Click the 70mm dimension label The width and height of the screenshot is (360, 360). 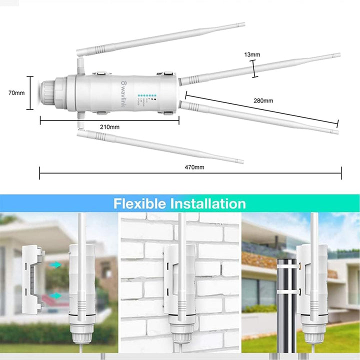click(16, 93)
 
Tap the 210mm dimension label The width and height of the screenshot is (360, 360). click(109, 127)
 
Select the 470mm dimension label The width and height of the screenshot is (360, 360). click(195, 167)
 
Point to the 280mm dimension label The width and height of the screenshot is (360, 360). click(263, 101)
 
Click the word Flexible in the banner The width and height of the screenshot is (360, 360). click(140, 204)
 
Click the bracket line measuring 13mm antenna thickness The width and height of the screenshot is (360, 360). click(255, 68)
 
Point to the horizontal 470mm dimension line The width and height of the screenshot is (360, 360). click(190, 174)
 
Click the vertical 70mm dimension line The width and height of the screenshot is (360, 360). click(31, 93)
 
